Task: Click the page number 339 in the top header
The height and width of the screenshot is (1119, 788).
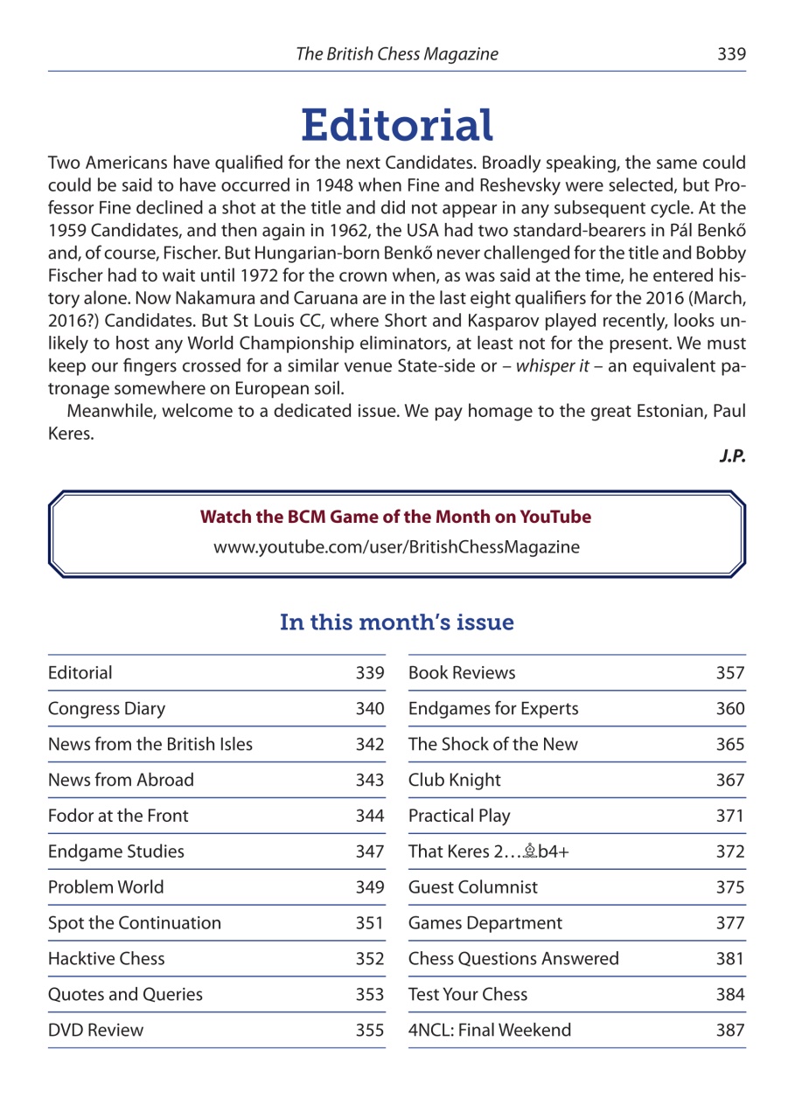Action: pos(731,54)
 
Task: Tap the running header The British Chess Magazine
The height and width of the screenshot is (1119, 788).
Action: pos(397,54)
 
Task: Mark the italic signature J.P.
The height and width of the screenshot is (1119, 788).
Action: pos(732,456)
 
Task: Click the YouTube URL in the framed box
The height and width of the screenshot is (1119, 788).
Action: pos(396,547)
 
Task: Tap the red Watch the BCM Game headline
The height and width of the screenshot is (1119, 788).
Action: pos(396,517)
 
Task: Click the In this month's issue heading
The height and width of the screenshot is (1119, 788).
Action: pos(396,622)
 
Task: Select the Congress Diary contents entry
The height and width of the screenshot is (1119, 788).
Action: pos(107,708)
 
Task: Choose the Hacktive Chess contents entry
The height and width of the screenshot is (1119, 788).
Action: pos(107,958)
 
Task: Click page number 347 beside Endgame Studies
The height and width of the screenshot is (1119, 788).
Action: pos(369,851)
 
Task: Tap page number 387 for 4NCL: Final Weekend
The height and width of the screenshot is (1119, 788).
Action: pos(730,1030)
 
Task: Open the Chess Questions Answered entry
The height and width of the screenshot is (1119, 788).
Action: pos(513,958)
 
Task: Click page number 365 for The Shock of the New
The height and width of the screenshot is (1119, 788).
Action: pos(730,744)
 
